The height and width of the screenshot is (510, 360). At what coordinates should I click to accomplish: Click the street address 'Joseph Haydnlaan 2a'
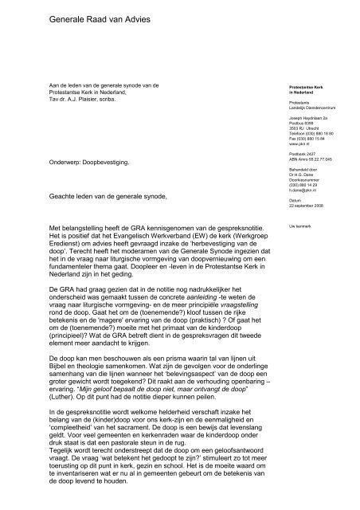point(308,118)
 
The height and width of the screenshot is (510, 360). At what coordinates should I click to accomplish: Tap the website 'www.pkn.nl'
point(299,143)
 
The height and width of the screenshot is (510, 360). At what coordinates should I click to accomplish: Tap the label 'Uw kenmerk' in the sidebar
point(299,226)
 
